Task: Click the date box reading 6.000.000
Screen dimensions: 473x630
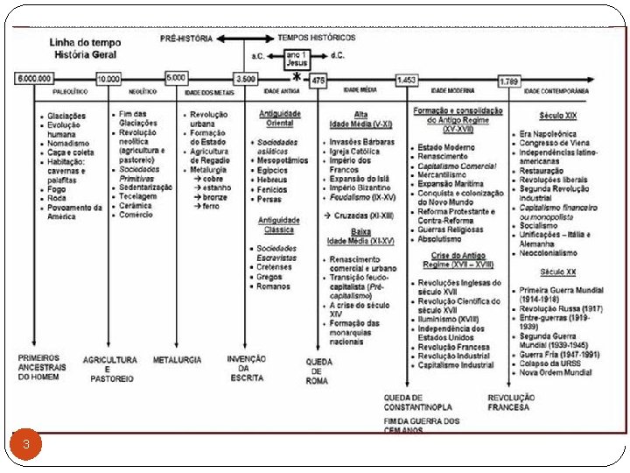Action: (35, 80)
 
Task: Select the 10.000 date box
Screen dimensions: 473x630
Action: (108, 80)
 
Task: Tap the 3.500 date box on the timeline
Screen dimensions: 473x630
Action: (246, 80)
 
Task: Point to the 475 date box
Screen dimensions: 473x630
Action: (318, 81)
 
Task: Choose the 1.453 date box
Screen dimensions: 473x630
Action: (406, 81)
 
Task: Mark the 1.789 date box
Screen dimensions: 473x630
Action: (509, 81)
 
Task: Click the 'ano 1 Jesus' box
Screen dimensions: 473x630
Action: (297, 58)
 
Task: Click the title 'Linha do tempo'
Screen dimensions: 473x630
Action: (66, 43)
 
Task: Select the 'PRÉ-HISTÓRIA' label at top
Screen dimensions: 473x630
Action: (185, 39)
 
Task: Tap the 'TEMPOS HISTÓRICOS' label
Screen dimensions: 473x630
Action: (317, 39)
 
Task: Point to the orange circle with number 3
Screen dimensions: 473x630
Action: (26, 444)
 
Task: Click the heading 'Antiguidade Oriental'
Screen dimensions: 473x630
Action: (280, 117)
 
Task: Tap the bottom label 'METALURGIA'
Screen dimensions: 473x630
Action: (177, 359)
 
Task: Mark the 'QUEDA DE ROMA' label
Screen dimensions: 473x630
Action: (318, 371)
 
